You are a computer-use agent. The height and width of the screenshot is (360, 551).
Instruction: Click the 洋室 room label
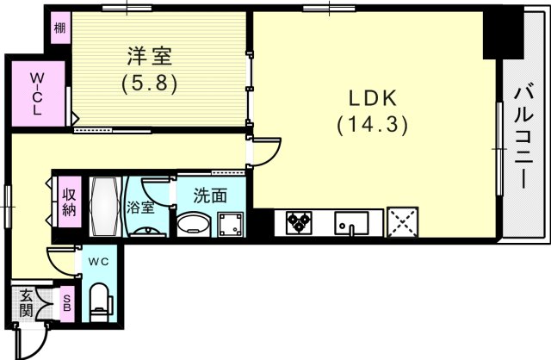coord(150,58)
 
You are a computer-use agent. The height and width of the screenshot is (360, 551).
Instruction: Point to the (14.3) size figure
coord(371,123)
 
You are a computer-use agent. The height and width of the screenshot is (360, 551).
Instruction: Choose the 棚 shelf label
coord(59,28)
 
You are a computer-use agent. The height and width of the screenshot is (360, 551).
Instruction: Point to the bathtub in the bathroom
coord(104,207)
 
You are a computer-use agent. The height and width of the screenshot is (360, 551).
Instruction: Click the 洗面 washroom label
coord(209,196)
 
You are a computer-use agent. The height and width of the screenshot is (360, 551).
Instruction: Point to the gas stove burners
coord(298,223)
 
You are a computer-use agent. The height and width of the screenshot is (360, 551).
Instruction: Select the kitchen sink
coord(351,224)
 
